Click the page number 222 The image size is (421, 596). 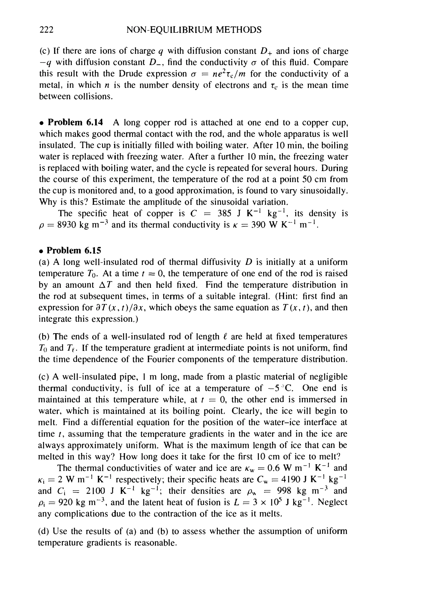[x=46, y=30]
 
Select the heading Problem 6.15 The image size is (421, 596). [x=74, y=251]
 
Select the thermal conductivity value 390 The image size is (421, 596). [x=258, y=225]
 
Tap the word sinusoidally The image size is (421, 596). [x=323, y=191]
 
